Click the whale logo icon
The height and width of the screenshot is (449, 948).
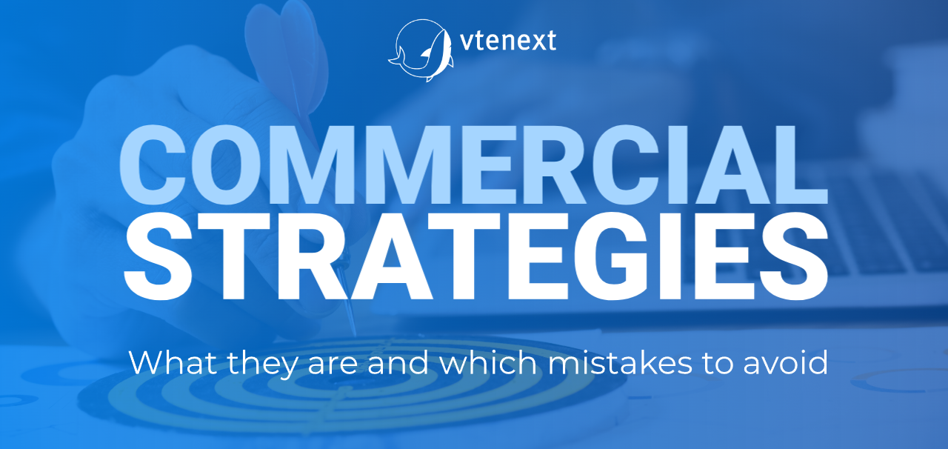(x=421, y=50)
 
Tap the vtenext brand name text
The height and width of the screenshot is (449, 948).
(x=508, y=41)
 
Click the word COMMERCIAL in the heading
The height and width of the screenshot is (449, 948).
(x=473, y=165)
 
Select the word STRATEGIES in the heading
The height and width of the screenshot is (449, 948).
(x=475, y=256)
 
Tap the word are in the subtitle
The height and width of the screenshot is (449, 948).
(x=333, y=365)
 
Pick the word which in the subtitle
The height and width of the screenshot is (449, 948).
(x=488, y=362)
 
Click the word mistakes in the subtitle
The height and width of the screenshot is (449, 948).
(x=620, y=362)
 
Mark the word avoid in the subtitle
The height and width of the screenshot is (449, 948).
(x=786, y=362)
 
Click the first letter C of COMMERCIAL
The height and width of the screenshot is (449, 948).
(x=153, y=165)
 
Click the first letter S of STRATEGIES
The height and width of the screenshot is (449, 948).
(x=158, y=256)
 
